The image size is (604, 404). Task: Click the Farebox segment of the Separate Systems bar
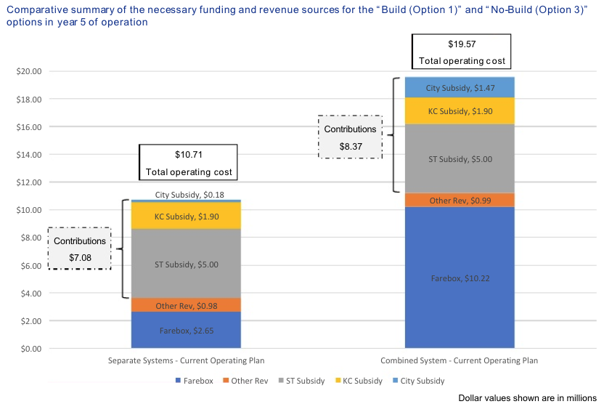click(x=186, y=331)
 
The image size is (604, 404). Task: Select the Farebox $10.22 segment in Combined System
click(x=459, y=278)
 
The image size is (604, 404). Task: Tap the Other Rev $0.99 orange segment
click(x=459, y=201)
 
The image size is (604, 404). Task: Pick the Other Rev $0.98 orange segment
click(x=186, y=305)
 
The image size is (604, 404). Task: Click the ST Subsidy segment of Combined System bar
click(x=459, y=159)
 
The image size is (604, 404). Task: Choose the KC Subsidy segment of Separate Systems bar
click(x=186, y=216)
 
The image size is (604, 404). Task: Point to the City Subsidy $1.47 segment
click(x=459, y=87)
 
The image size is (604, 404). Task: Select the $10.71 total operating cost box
click(x=189, y=163)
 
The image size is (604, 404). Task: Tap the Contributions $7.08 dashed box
click(x=79, y=249)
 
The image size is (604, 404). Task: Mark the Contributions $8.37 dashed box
click(x=350, y=137)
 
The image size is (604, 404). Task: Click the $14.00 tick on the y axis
click(x=28, y=155)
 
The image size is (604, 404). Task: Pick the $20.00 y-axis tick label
click(x=28, y=72)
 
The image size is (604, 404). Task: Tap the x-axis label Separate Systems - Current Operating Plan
click(x=186, y=361)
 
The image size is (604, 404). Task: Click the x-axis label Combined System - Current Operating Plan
click(x=459, y=361)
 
